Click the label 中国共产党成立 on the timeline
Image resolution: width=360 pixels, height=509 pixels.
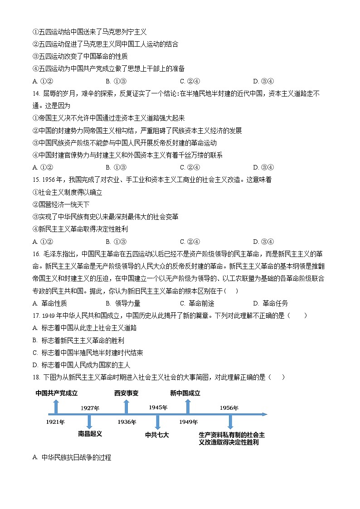pyautogui.click(x=57, y=393)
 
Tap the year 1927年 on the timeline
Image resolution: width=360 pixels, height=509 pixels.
pyautogui.click(x=90, y=408)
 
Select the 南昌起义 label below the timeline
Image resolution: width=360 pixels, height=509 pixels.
pyautogui.click(x=90, y=434)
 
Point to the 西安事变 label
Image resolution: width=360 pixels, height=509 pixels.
pyautogui.click(x=126, y=393)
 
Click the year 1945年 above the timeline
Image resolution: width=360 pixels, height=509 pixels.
pyautogui.click(x=158, y=407)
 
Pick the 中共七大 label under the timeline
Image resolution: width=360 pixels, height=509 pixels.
pyautogui.click(x=157, y=435)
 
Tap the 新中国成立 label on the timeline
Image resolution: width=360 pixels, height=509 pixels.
pyautogui.click(x=185, y=393)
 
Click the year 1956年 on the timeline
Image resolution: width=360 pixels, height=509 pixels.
pyautogui.click(x=229, y=408)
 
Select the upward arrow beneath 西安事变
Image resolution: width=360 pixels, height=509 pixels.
pyautogui.click(x=126, y=407)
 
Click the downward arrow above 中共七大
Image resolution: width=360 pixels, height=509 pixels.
pyautogui.click(x=157, y=422)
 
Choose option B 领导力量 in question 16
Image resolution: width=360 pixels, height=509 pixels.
pyautogui.click(x=123, y=303)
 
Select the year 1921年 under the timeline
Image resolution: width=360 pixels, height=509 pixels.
pyautogui.click(x=55, y=422)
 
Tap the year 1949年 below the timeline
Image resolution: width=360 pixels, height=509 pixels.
pyautogui.click(x=188, y=422)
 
